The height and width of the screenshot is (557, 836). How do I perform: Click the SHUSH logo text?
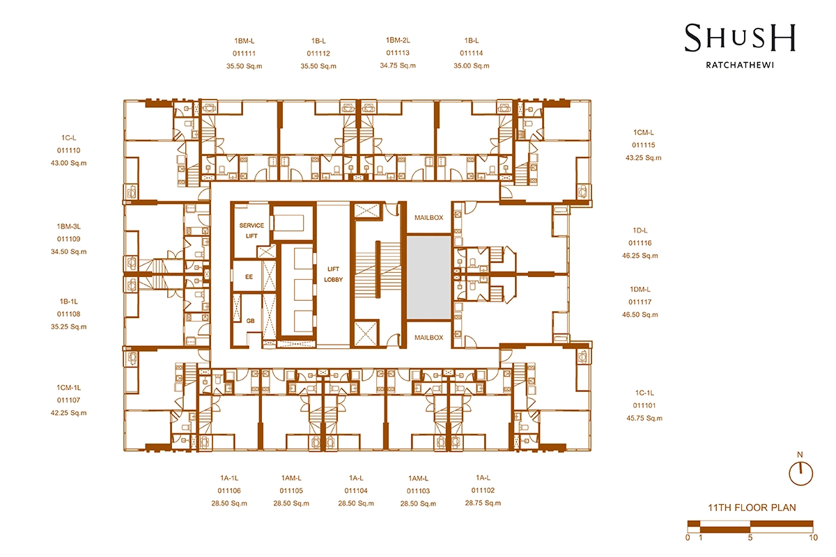[740, 38]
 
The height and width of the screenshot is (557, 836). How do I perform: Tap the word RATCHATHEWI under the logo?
[740, 65]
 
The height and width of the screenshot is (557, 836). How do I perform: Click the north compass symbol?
[800, 473]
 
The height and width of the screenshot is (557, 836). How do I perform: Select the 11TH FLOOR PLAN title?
[752, 508]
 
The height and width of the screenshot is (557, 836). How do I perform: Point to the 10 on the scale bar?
[813, 538]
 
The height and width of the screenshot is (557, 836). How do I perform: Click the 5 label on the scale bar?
[750, 538]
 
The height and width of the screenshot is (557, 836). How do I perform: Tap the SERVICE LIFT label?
[251, 230]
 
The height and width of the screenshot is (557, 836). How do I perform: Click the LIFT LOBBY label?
[333, 274]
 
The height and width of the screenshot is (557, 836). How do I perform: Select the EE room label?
[249, 277]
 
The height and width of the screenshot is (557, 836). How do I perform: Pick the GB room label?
[250, 321]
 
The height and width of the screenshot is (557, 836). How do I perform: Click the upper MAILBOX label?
[429, 217]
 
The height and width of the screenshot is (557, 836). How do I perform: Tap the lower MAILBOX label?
[429, 337]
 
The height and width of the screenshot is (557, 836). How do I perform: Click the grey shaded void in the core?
[429, 277]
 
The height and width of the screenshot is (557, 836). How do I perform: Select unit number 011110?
[69, 150]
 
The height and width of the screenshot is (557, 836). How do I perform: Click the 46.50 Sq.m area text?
[640, 315]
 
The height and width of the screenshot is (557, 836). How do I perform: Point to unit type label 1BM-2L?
[398, 40]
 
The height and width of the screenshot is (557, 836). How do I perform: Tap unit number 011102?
[483, 490]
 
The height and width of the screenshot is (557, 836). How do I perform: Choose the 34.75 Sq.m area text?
[398, 65]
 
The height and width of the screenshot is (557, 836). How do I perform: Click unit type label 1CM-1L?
[69, 388]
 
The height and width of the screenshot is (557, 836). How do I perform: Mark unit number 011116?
[640, 243]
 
